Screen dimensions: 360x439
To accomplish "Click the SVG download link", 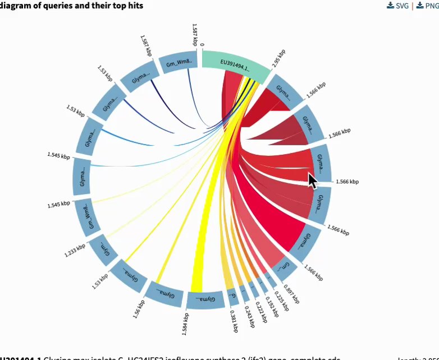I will tap(399, 6).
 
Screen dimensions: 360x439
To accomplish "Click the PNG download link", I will tap(427, 6).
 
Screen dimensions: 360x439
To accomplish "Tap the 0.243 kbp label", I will tap(250, 315).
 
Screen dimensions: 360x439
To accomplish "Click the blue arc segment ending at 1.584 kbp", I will tap(202, 300).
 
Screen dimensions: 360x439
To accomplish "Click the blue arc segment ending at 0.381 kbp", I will tap(232, 299).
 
